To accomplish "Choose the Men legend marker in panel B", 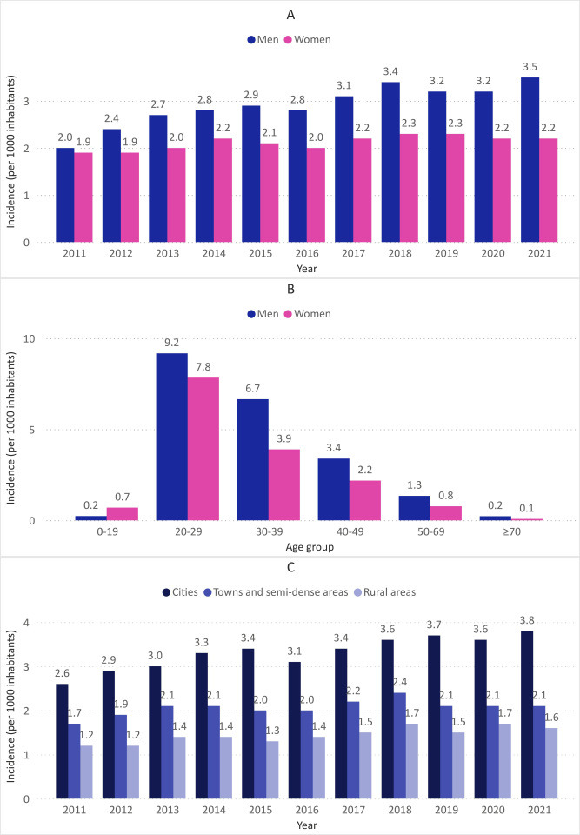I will pos(252,314).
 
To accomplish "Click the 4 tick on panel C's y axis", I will pos(26,623).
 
